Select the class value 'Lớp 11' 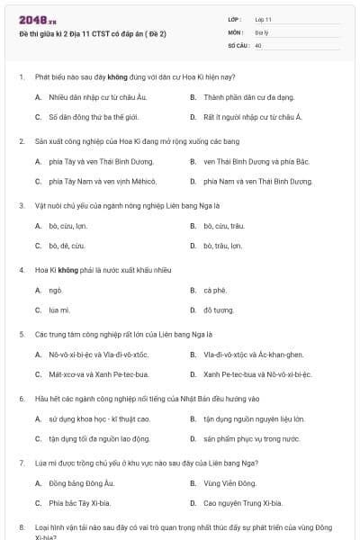tap(263, 18)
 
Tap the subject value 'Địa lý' tap(262, 31)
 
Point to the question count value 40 tap(258, 44)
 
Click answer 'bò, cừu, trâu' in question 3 tap(223, 226)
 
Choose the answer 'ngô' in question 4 tap(56, 291)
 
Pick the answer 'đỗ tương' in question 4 tap(218, 310)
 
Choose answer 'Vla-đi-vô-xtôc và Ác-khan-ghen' tap(253, 355)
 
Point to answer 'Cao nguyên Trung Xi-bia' tap(242, 503)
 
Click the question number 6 tap(22, 398)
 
